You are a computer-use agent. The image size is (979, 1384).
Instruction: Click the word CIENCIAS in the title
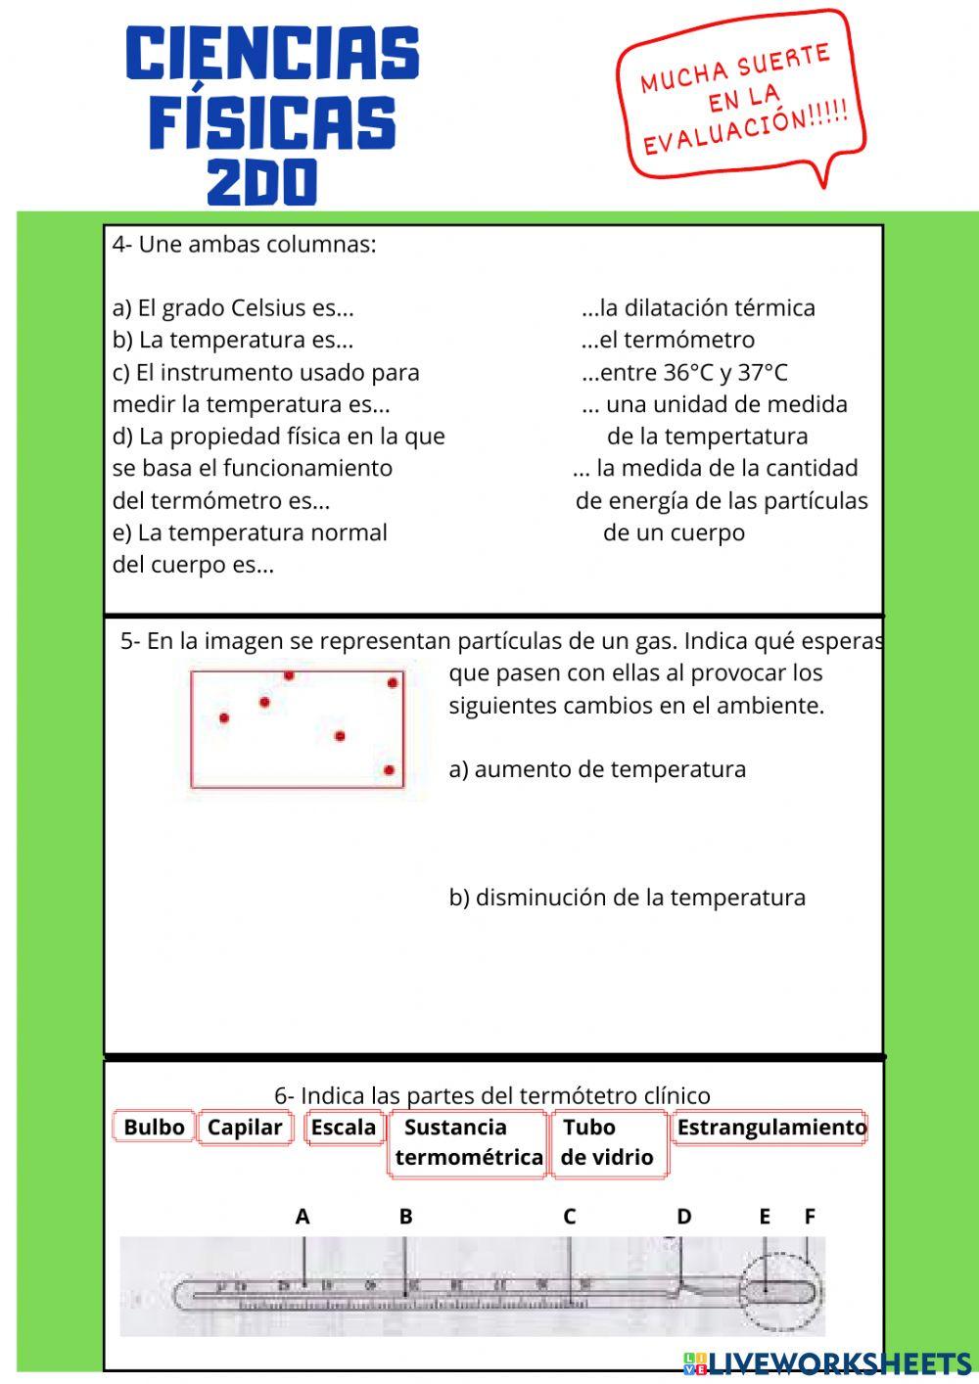(x=272, y=55)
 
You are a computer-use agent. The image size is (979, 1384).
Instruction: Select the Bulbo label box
(x=154, y=1128)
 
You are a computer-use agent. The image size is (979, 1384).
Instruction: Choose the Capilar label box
(x=245, y=1128)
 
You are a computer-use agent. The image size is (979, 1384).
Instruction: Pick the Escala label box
(x=343, y=1128)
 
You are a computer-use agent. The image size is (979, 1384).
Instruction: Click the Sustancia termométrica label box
(x=468, y=1142)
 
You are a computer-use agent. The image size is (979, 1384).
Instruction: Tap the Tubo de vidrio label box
(x=607, y=1142)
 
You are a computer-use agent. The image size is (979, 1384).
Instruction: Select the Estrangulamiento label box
(x=770, y=1128)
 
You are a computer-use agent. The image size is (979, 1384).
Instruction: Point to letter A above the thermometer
(x=303, y=1217)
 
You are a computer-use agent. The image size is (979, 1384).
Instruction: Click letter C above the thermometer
(x=569, y=1217)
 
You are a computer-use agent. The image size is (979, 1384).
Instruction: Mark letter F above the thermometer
(x=810, y=1217)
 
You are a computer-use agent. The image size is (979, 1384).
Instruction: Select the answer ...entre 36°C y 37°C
(x=684, y=372)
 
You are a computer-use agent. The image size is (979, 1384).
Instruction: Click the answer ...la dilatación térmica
(x=698, y=307)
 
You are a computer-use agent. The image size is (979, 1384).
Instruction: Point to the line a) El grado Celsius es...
(x=233, y=307)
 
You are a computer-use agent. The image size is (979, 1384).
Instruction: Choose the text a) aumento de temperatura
(x=597, y=769)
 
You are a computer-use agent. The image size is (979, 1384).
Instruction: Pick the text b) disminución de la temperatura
(x=627, y=898)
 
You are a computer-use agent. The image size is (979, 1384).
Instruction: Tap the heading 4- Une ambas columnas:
(x=244, y=244)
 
